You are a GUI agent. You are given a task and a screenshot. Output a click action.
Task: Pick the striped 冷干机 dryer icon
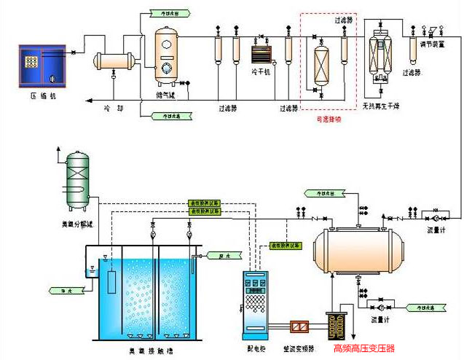[260, 55]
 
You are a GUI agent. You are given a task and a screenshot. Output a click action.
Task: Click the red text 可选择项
[329, 120]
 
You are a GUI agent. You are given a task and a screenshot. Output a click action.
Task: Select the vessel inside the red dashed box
[319, 65]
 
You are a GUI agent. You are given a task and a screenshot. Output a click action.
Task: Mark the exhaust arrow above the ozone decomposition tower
[56, 154]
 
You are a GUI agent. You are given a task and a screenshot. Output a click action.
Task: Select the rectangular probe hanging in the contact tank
[111, 282]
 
